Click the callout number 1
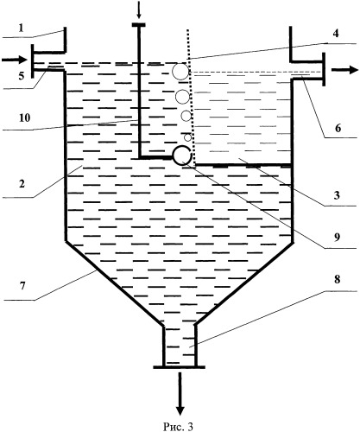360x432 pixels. pos(21,28)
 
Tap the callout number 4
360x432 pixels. pos(336,34)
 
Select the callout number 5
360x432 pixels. pos(22,76)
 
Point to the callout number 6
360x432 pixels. pos(338,128)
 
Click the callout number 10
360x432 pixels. pos(25,118)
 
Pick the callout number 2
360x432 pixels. pos(22,183)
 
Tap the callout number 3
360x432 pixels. pos(337,195)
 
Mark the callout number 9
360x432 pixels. pos(337,237)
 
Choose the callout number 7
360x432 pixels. pos(22,286)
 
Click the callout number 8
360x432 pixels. pos(337,279)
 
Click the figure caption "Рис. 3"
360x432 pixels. pos(178,427)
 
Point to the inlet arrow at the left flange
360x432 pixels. pos(14,60)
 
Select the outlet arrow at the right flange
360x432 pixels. pos(345,70)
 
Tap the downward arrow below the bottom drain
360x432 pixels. pos(180,394)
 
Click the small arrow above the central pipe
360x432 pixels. pos(139,12)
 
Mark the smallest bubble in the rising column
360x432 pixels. pos(187,137)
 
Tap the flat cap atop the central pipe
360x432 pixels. pos(138,25)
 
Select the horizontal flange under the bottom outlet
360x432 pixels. pos(179,367)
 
